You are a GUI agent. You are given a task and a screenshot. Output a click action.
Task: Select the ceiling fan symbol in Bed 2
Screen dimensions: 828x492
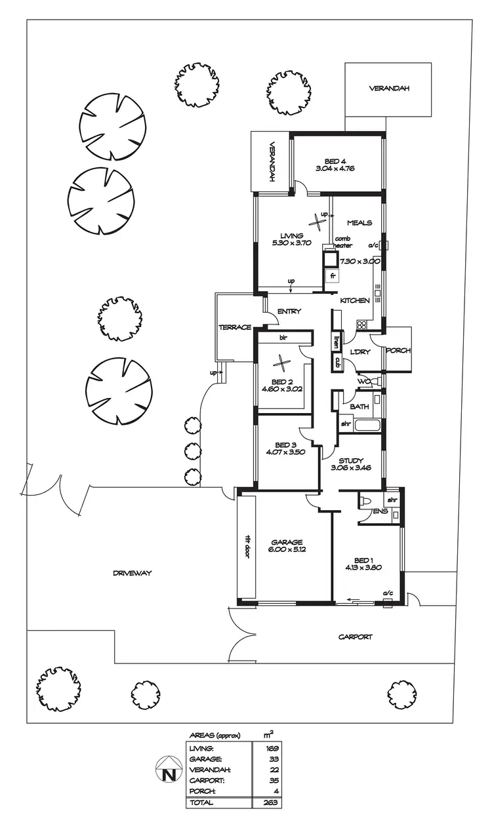[281, 362]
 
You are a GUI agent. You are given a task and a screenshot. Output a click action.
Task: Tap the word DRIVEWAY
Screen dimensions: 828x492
[132, 572]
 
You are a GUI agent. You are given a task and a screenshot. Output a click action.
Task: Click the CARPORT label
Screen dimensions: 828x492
[355, 636]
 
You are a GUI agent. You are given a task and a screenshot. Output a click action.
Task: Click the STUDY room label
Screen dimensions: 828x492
[351, 460]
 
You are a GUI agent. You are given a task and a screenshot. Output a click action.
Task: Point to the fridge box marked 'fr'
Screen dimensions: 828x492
[333, 276]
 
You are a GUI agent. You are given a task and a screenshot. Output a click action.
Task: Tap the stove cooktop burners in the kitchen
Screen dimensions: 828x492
[361, 324]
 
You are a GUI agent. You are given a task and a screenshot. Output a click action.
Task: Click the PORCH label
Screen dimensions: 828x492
[398, 350]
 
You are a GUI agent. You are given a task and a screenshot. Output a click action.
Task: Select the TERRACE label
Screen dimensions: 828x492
[235, 327]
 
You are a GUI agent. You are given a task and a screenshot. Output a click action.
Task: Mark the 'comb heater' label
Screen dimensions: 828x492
[344, 242]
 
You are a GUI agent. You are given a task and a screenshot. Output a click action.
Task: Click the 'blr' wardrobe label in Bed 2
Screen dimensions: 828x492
[284, 338]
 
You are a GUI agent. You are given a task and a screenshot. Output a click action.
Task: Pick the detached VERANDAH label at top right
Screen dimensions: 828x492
[388, 89]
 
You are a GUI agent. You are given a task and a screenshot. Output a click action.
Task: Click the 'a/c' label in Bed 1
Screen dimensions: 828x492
[388, 594]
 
